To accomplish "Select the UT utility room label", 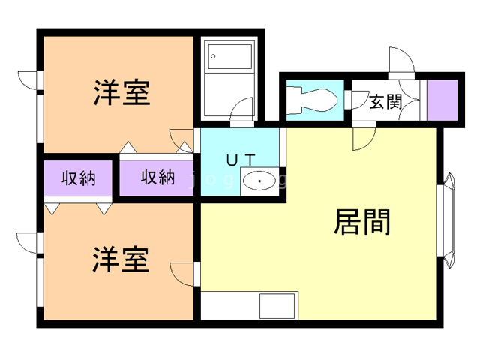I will click(x=241, y=159).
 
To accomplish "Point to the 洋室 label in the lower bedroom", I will click(x=121, y=260).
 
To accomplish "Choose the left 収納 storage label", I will click(x=78, y=178).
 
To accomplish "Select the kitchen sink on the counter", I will click(x=277, y=306).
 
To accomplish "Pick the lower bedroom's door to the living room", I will click(x=184, y=274).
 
